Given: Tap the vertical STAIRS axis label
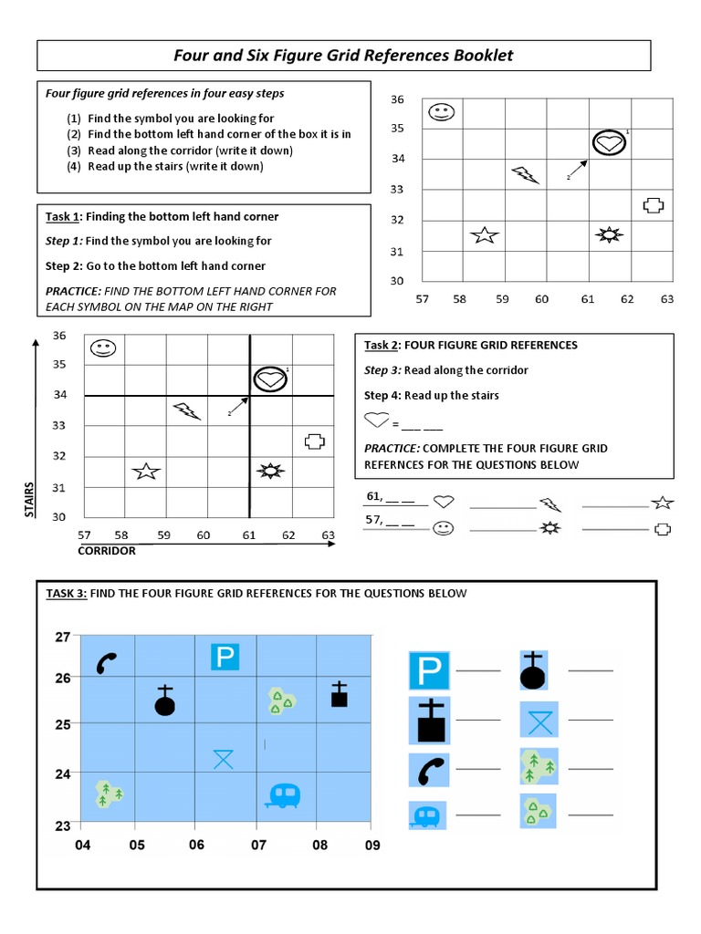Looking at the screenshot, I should coord(29,500).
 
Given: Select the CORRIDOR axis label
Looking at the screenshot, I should coord(107,551).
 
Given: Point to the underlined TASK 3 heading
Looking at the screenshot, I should coord(67,594).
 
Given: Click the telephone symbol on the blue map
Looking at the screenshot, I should coord(107,663).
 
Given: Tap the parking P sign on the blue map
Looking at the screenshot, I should coord(225,656).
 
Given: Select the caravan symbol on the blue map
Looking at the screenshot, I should coord(283,795).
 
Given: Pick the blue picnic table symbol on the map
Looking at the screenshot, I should coord(224,758).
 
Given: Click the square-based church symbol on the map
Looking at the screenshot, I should coord(339,695).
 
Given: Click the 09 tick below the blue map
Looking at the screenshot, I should coord(371,846).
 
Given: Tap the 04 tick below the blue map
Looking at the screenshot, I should coord(83,846).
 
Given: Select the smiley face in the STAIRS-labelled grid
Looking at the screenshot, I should coord(102,348).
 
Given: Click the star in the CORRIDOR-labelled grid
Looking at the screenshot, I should coord(146,471).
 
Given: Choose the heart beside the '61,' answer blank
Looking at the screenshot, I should coord(444,501).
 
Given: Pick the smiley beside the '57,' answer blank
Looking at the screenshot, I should coord(443,528).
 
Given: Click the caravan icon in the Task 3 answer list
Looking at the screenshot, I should coord(426,815).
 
